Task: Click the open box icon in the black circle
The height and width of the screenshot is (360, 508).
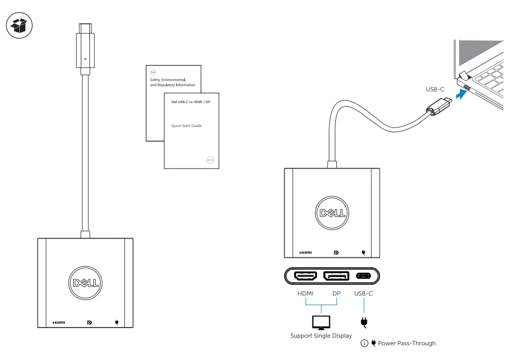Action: tap(19, 25)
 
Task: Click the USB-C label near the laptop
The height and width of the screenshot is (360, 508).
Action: tap(435, 89)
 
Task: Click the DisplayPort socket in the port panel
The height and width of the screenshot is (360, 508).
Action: tap(336, 276)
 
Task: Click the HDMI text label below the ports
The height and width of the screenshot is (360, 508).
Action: tap(306, 293)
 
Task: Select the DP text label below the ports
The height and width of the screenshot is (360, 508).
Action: tap(336, 293)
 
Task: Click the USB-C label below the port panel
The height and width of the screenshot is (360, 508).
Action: tap(364, 293)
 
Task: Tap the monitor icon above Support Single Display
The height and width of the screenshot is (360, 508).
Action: tap(321, 321)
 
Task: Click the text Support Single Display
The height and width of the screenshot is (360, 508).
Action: tap(321, 336)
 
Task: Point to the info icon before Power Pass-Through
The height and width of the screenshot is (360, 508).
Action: tap(364, 343)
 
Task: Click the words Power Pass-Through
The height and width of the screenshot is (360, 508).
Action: tap(407, 343)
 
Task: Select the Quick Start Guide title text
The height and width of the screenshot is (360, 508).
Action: tap(186, 125)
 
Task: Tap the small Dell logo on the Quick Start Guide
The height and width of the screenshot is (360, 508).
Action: tap(211, 159)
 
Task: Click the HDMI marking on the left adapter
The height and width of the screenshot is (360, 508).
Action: tap(58, 322)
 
